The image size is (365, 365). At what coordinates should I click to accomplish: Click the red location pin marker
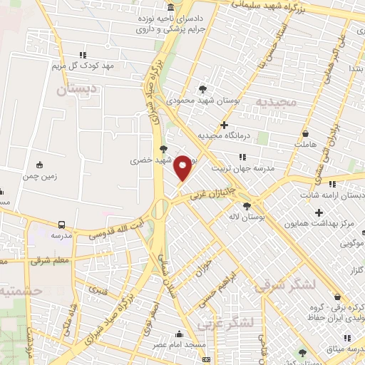click(183, 167)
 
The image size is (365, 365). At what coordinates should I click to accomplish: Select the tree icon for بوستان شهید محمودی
click(203, 90)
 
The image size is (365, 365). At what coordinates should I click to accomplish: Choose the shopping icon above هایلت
click(306, 133)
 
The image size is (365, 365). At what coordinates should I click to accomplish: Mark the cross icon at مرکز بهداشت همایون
click(319, 212)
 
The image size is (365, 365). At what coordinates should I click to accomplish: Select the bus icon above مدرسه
click(61, 225)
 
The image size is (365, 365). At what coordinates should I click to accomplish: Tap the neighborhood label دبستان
click(75, 91)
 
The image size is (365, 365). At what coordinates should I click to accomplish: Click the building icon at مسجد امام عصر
click(178, 334)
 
